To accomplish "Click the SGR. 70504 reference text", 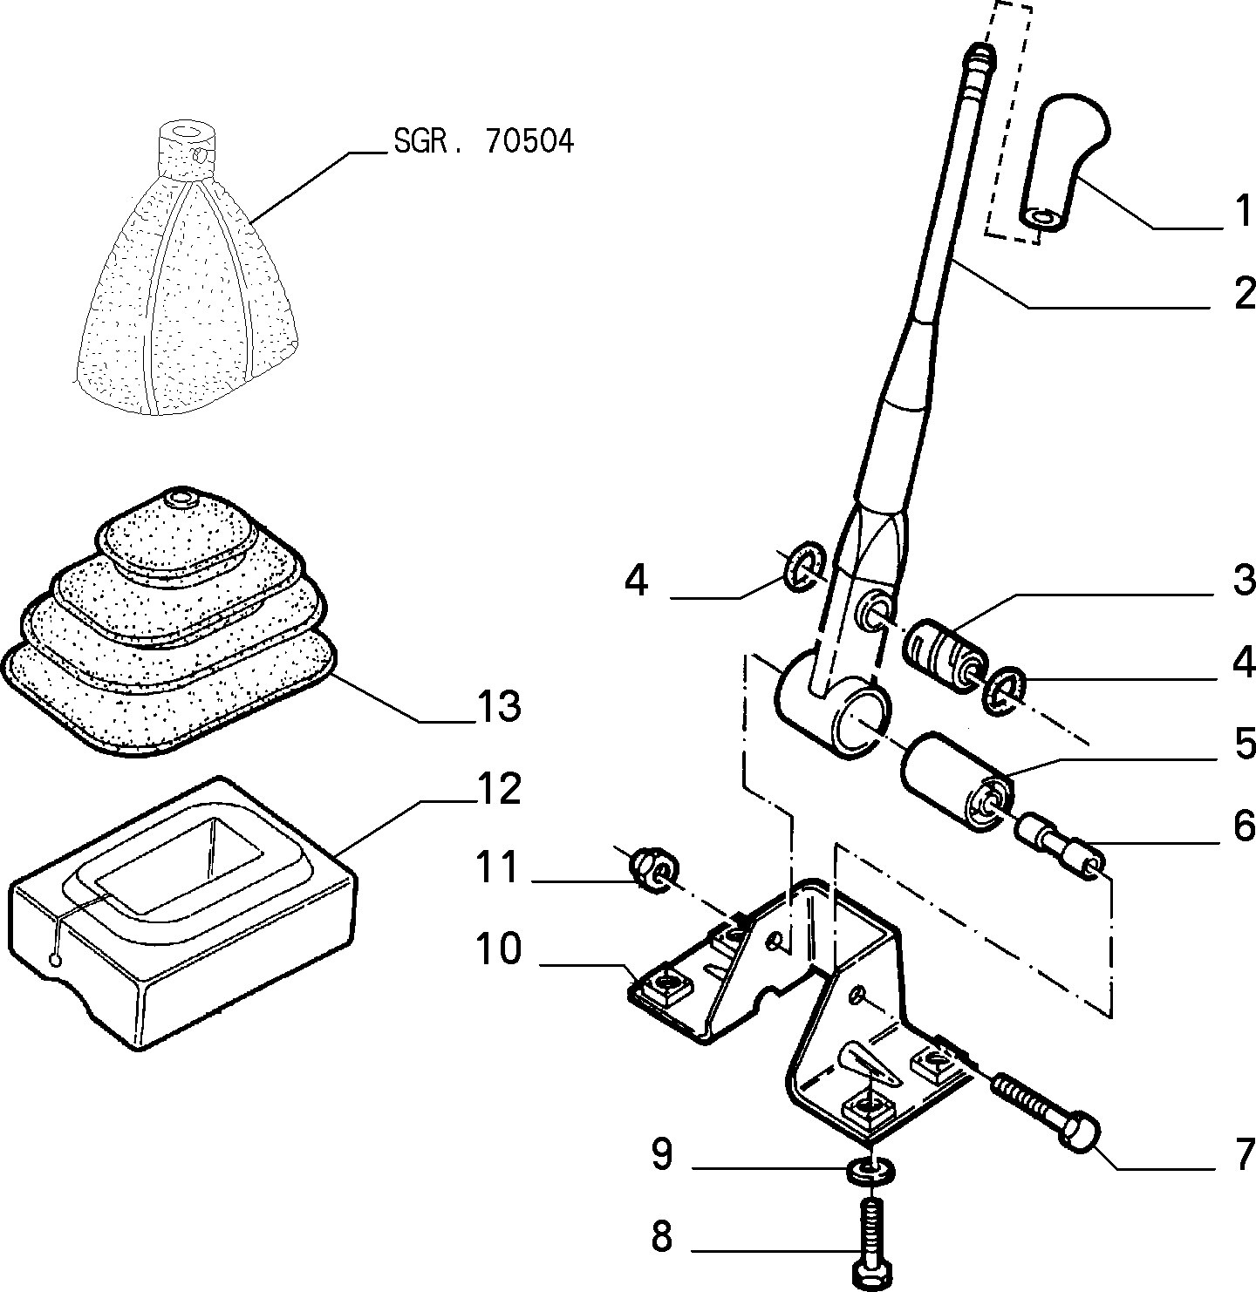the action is pyautogui.click(x=483, y=141).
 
